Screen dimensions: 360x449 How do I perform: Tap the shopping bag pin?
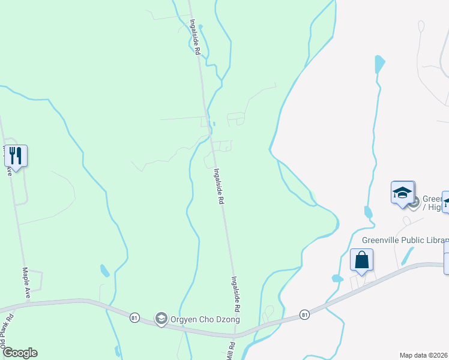tap(361, 260)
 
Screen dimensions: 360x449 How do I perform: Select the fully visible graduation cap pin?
tap(402, 193)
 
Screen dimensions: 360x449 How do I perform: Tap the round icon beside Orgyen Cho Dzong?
tap(160, 319)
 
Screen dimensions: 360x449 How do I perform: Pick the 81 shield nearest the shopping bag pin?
tap(304, 314)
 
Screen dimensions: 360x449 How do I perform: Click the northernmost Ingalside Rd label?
tap(194, 37)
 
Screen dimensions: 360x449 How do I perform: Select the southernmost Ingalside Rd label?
tap(236, 293)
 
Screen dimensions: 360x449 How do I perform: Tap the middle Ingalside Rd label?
tap(219, 187)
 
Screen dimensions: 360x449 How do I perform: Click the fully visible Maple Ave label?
tap(27, 283)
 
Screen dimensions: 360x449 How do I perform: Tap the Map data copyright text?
tap(424, 355)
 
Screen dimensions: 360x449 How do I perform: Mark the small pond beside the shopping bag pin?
tap(337, 278)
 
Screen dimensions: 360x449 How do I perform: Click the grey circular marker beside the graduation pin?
tap(414, 202)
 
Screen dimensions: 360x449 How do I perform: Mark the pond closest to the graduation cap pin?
tap(368, 212)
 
